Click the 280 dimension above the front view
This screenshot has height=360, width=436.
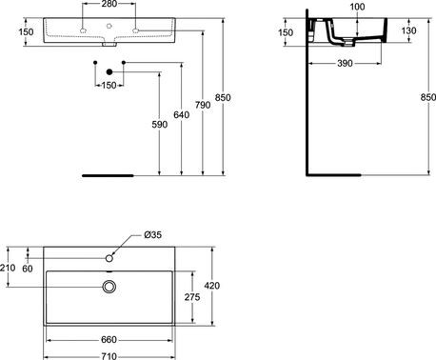pos(110,5)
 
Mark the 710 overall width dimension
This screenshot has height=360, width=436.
pos(110,354)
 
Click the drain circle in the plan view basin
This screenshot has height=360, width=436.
pos(110,286)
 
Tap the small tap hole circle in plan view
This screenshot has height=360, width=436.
pos(110,258)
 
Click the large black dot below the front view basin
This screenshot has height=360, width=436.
pos(110,72)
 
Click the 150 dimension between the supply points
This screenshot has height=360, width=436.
pos(110,85)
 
